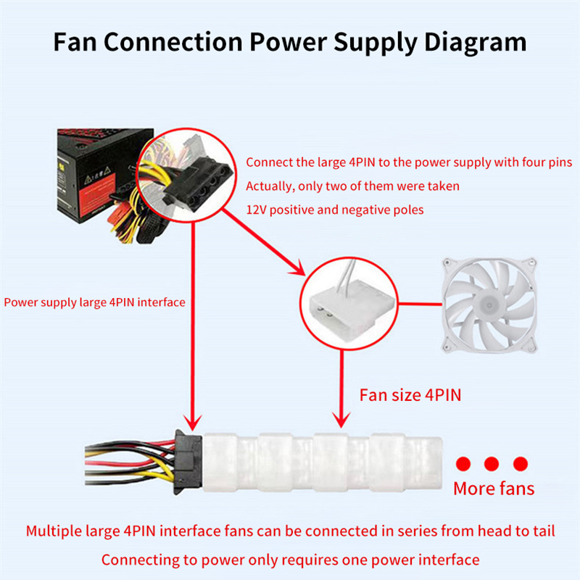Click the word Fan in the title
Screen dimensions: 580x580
(x=75, y=42)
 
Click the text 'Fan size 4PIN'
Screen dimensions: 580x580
(x=410, y=395)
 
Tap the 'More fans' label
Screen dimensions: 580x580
(x=494, y=488)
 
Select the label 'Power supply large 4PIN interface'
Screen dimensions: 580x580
(x=94, y=302)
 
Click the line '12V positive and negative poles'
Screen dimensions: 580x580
(x=335, y=210)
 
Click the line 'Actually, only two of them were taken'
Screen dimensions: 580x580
(x=352, y=186)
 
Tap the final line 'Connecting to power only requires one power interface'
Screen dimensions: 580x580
(x=290, y=559)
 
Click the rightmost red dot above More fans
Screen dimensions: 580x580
(x=519, y=463)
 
